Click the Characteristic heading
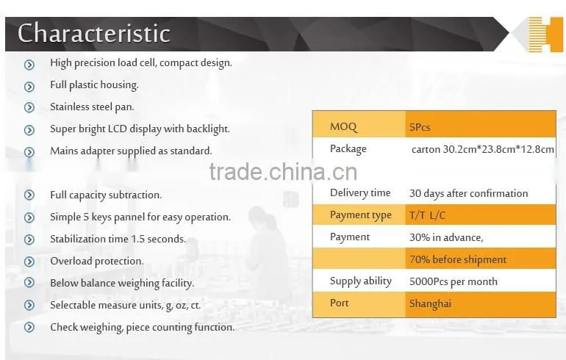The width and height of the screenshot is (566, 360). [94, 33]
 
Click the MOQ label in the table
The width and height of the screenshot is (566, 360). [343, 127]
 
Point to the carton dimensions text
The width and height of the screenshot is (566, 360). [483, 149]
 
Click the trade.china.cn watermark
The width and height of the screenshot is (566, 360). [283, 172]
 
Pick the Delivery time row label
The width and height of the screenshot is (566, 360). [360, 193]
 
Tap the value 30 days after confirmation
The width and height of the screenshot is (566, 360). [468, 193]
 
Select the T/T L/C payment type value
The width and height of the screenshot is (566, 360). [427, 215]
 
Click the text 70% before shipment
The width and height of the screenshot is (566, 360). [458, 259]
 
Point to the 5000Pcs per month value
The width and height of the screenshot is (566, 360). [454, 281]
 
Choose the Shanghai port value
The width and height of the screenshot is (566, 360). [430, 303]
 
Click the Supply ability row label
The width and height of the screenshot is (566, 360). [361, 281]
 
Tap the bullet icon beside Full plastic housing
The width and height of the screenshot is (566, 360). [29, 87]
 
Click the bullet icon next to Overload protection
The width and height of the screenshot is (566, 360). [29, 262]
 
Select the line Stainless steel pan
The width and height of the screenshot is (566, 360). [92, 107]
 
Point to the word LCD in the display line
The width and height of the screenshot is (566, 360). [118, 129]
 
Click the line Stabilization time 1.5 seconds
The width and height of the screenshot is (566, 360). [118, 239]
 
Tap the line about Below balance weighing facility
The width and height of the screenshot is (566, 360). [122, 283]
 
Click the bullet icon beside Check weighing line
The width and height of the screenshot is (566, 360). [29, 327]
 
